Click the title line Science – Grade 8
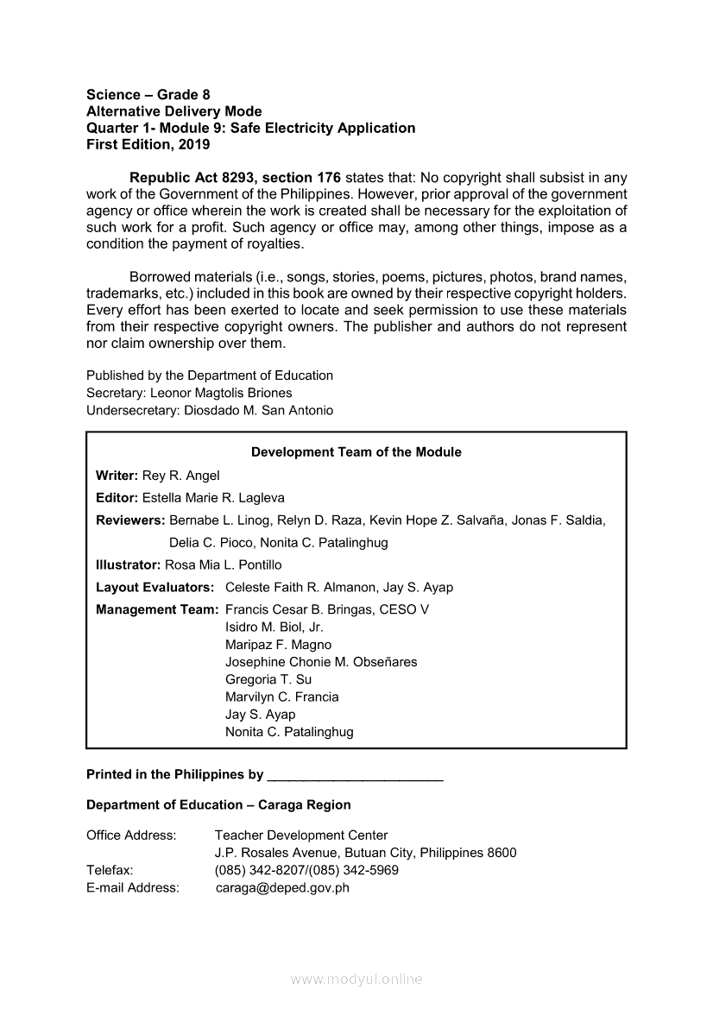pos(148,94)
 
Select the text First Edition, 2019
pos(148,145)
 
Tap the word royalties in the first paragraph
pos(274,243)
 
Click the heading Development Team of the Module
pos(356,452)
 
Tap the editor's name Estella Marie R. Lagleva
pos(213,498)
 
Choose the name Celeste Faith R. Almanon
pos(300,587)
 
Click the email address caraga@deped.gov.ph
pos(282,887)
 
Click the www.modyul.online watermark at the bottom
pos(356,980)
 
